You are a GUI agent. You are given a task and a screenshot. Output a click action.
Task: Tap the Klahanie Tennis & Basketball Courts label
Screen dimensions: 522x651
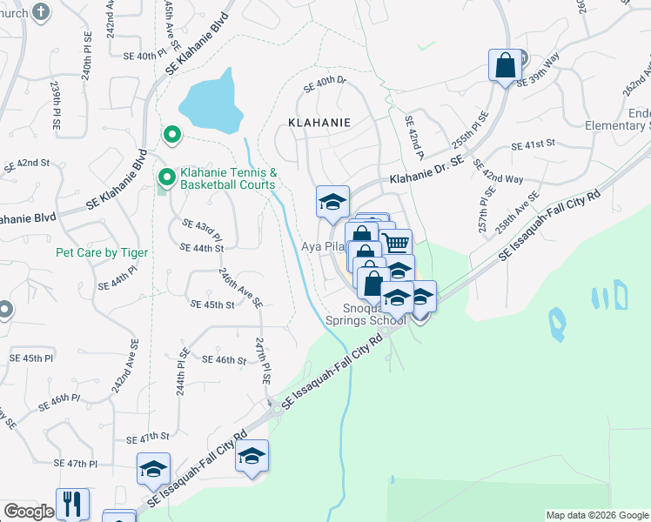click(x=228, y=178)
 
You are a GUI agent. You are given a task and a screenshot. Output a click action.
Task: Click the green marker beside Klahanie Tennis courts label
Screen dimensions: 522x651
click(x=165, y=177)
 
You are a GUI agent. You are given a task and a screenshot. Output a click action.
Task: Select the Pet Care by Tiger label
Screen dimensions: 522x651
click(x=102, y=252)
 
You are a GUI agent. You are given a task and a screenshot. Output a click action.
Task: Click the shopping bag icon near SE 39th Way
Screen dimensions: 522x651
click(x=505, y=65)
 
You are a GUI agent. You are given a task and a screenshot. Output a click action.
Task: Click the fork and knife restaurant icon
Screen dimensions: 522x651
click(x=72, y=504)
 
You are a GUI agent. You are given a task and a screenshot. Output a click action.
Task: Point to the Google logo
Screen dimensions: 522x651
click(x=29, y=512)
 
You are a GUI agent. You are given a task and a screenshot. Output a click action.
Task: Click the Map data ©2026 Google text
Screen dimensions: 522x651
click(x=597, y=515)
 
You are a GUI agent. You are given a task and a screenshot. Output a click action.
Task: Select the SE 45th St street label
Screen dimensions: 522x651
click(x=212, y=304)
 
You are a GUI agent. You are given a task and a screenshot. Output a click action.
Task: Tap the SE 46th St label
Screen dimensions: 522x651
click(x=225, y=359)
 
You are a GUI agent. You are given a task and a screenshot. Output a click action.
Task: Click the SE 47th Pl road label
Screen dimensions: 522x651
click(x=76, y=465)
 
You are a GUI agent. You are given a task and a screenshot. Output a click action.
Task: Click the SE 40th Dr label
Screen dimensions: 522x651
click(x=325, y=84)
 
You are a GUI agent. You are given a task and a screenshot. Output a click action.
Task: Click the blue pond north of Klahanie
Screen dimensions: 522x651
click(x=211, y=101)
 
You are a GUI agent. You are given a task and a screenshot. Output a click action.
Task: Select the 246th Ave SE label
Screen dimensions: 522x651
click(x=240, y=288)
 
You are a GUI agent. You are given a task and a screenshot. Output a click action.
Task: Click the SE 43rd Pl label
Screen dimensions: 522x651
click(x=202, y=231)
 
